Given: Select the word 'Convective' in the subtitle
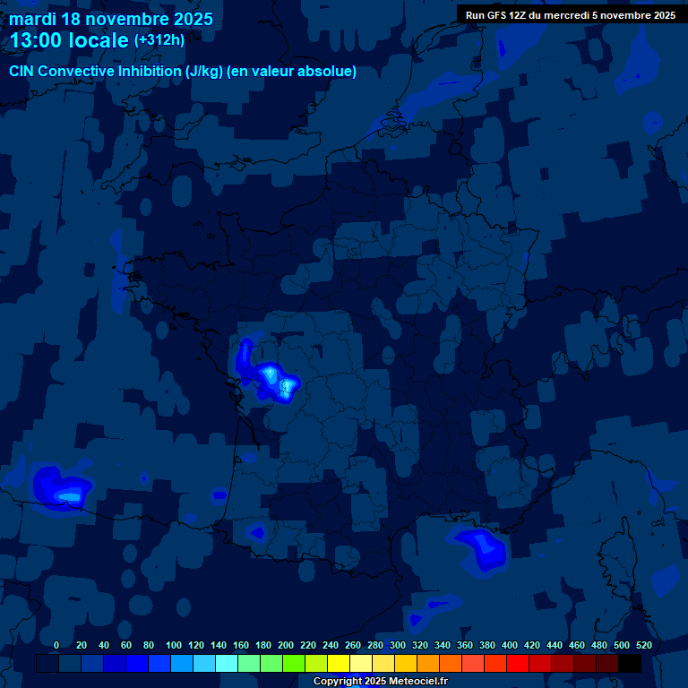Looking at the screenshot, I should tap(79, 72).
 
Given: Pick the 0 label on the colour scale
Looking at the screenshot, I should tap(56, 645).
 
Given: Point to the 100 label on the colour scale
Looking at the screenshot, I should tap(174, 645).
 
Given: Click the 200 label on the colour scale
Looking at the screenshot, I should tap(286, 645).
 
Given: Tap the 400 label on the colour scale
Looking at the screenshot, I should tap(509, 645).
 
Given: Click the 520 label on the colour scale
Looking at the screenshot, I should tap(643, 645).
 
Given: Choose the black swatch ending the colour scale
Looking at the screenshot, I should tap(629, 663).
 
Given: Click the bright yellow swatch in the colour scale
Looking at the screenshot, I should tap(339, 663).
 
